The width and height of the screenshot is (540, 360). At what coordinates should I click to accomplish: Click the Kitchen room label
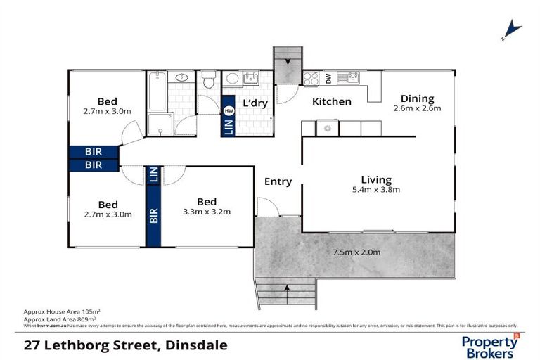[x=332, y=102]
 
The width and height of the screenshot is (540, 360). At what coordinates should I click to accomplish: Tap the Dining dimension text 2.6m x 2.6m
[x=417, y=109]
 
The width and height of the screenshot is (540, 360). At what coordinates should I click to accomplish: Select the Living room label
[x=376, y=179]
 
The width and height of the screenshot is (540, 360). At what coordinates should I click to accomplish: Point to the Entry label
[x=278, y=181]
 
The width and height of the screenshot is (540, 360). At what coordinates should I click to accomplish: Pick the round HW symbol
[x=229, y=110]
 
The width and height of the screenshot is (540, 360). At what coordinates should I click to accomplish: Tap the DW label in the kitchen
[x=328, y=79]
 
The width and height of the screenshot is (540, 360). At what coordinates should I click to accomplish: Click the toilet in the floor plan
[x=207, y=82]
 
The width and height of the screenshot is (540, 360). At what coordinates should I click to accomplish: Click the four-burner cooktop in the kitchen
[x=311, y=78]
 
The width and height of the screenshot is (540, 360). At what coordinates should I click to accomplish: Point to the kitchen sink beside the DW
[x=347, y=78]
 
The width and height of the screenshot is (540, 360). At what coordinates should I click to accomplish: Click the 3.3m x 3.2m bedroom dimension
[x=207, y=212]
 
